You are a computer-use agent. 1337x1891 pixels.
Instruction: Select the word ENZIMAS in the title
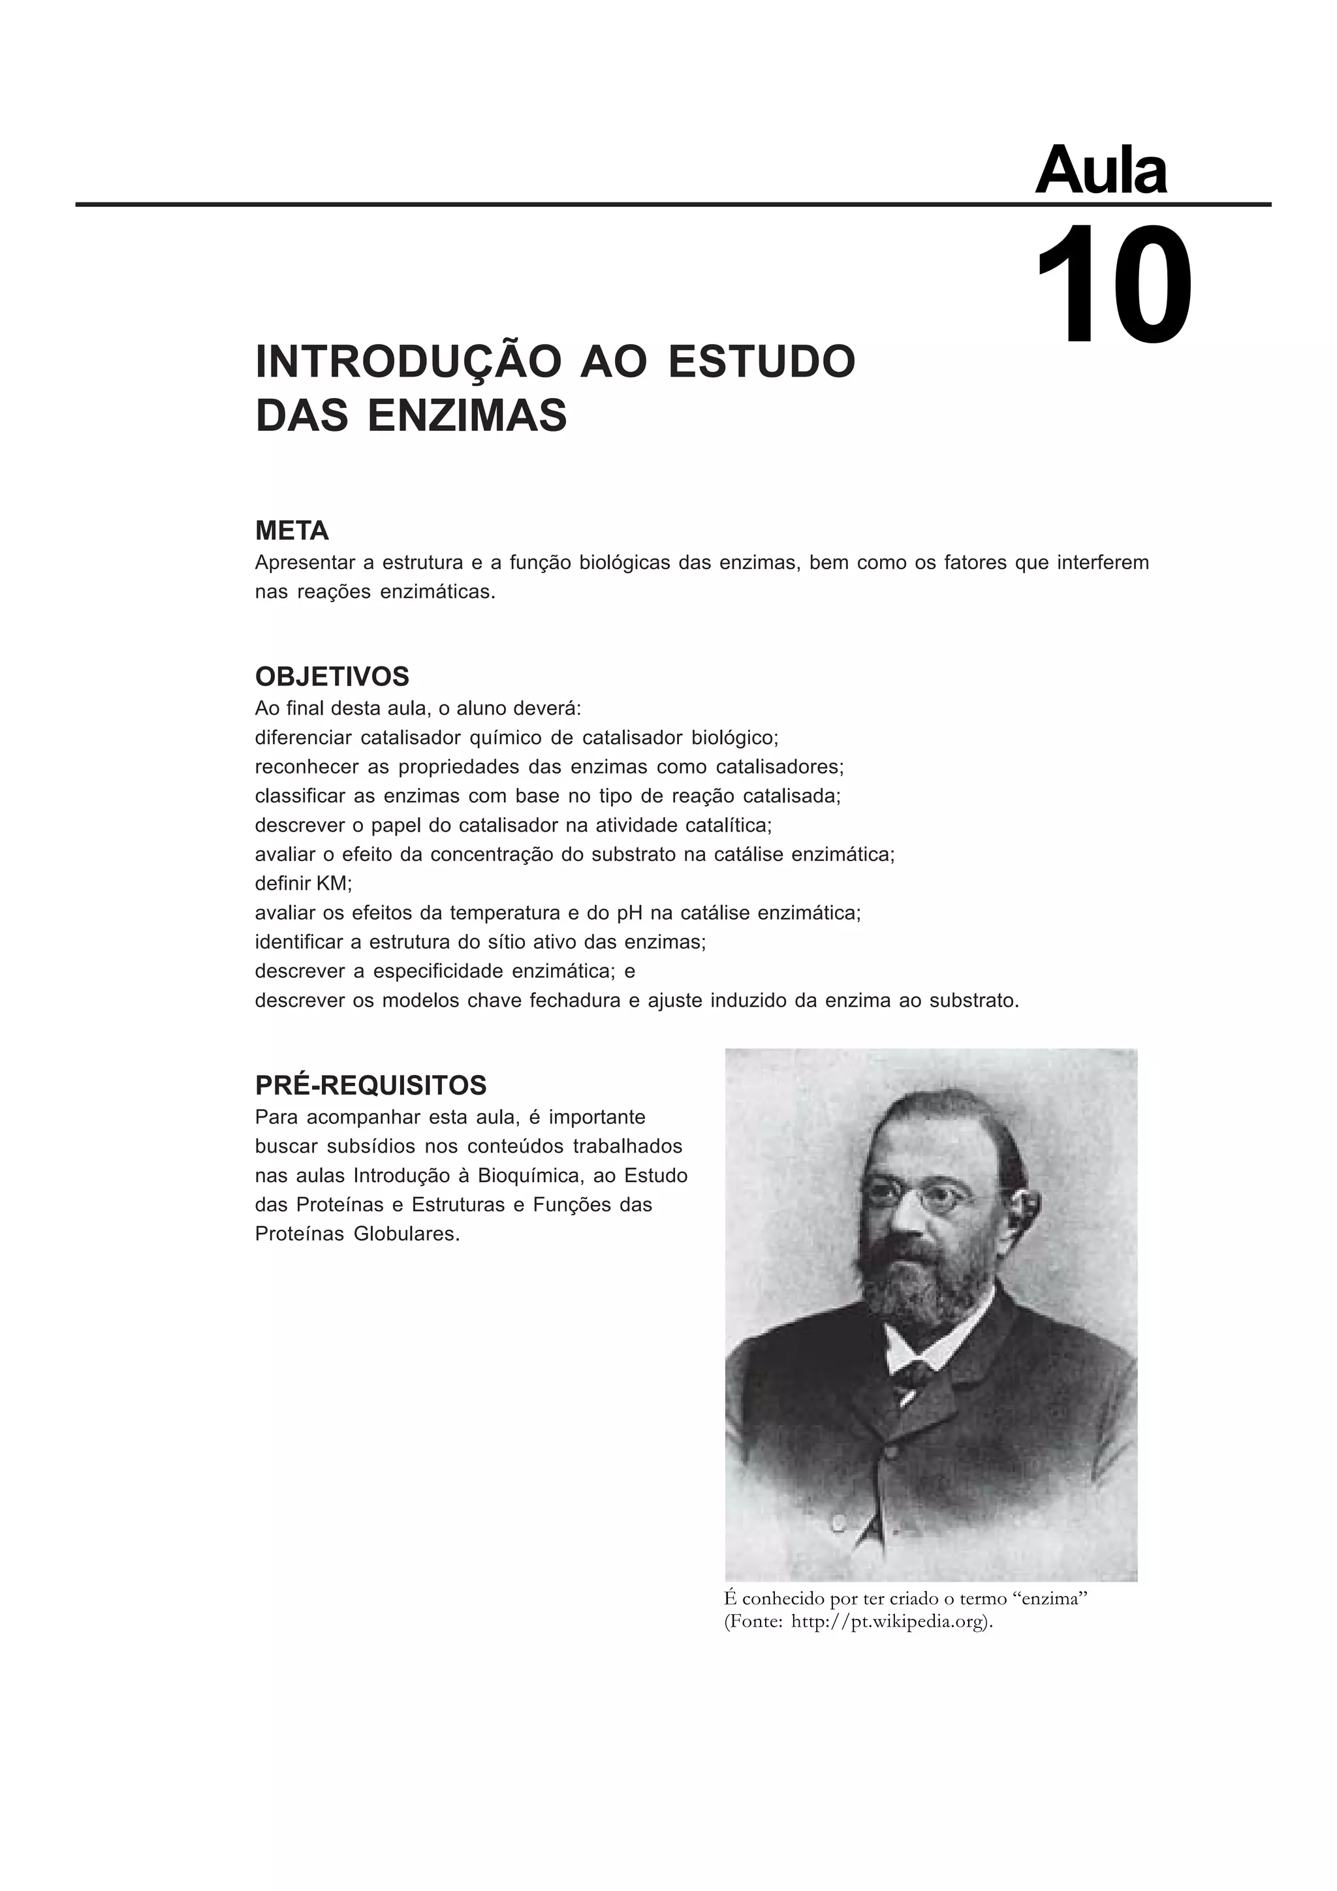[467, 415]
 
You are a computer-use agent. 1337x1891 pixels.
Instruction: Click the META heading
[292, 531]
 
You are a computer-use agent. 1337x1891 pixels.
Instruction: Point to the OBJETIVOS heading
[332, 677]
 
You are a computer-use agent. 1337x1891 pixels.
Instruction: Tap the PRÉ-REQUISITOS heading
[371, 1086]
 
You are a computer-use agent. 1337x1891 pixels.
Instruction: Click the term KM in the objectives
[332, 884]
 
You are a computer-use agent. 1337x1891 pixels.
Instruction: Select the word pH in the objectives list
[629, 913]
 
